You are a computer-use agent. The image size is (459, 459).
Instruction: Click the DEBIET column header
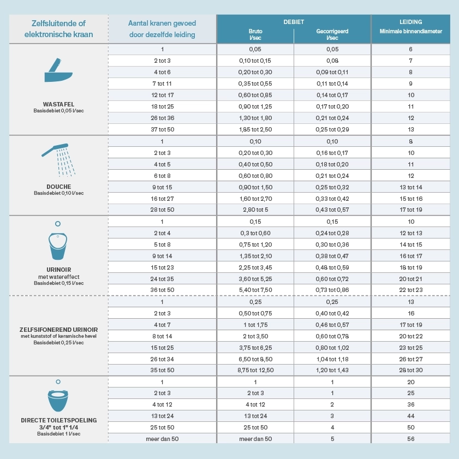tap(294, 22)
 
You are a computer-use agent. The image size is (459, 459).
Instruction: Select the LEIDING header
tap(411, 22)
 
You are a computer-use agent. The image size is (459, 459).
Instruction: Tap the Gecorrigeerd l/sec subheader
tap(332, 34)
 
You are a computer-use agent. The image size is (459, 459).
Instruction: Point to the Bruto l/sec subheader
tap(255, 34)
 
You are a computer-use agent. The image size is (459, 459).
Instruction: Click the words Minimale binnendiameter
tap(411, 31)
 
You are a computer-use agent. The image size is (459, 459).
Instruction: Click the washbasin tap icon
tap(58, 70)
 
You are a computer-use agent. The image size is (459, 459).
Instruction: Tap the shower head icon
tap(58, 160)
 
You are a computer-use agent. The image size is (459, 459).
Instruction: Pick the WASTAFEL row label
tap(58, 104)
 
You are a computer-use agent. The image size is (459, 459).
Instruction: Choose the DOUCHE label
tap(58, 187)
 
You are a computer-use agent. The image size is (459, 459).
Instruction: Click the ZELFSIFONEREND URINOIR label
tap(58, 330)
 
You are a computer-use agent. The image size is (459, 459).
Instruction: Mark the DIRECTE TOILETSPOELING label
tap(58, 420)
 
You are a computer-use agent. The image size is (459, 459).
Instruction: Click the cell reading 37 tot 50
tap(163, 129)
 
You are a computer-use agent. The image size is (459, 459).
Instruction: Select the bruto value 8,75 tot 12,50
tap(255, 370)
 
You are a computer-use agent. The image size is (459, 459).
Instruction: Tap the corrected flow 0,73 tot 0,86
tap(332, 290)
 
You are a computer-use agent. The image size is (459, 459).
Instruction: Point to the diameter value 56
tap(411, 439)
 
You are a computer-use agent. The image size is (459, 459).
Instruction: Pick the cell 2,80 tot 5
tap(255, 210)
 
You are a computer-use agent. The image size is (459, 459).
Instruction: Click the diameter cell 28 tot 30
tap(411, 370)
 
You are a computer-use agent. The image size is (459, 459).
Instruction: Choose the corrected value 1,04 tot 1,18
tap(332, 359)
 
